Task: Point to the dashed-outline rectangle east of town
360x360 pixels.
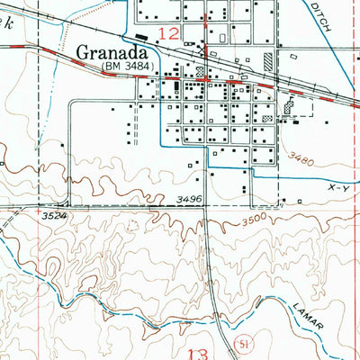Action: [304, 105]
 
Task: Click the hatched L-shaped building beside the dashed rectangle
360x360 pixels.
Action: [288, 106]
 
